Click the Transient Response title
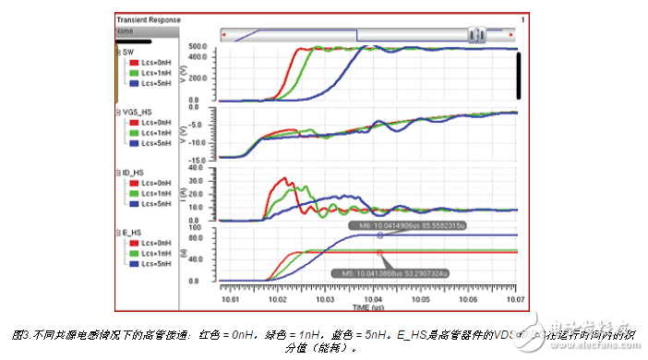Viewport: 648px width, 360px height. tap(149, 19)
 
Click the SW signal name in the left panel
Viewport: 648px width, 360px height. tap(128, 52)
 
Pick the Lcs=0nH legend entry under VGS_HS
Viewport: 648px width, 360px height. tap(151, 122)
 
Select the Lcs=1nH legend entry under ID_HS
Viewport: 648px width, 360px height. tap(151, 192)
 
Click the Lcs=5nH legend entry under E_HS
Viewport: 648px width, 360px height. tap(151, 262)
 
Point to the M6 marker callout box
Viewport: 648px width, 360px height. tap(396, 225)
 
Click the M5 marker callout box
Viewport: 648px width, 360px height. tap(392, 273)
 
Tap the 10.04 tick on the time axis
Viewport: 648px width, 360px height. tap(373, 299)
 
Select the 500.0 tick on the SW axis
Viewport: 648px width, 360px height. tap(202, 45)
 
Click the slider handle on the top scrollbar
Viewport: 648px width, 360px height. tap(477, 35)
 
